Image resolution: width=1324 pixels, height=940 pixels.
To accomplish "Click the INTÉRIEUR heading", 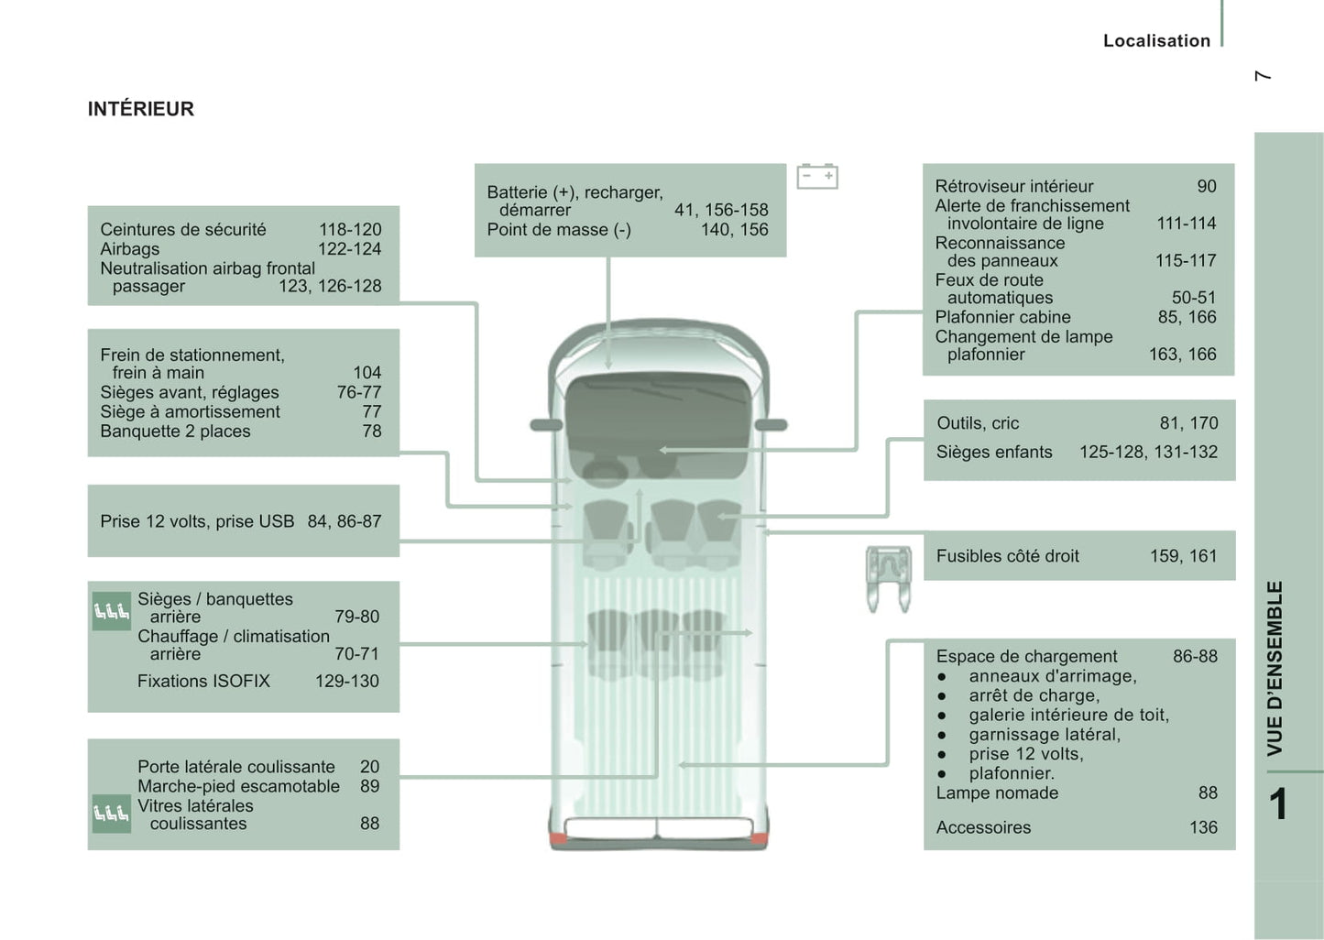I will click(140, 109).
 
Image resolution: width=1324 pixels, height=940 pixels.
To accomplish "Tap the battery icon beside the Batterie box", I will click(817, 176).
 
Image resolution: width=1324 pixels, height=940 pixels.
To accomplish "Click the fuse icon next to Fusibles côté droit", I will click(888, 576).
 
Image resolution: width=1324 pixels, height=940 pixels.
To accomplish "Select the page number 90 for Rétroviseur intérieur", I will click(1206, 186).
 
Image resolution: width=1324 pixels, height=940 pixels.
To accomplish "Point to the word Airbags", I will click(129, 249).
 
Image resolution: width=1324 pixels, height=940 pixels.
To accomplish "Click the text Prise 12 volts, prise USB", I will click(197, 521).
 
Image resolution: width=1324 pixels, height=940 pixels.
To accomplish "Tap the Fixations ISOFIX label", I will click(203, 681).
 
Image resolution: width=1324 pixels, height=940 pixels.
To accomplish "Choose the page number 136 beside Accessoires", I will click(1202, 827).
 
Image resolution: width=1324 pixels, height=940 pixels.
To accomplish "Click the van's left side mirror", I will click(546, 424).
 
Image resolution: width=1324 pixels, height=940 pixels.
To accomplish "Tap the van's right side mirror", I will click(771, 424).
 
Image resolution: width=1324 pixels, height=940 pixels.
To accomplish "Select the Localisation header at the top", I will click(1156, 40).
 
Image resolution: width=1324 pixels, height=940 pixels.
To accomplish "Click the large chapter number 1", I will click(1278, 804).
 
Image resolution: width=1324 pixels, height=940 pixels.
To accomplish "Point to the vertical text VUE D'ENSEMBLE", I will click(1275, 669).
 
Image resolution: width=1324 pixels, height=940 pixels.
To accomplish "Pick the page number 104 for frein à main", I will click(367, 373).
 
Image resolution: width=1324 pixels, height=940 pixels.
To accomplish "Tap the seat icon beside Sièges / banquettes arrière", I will click(111, 611).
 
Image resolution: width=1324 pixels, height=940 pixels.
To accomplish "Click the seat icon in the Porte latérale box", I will click(111, 813).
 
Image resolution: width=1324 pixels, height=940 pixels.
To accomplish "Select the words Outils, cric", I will click(978, 423).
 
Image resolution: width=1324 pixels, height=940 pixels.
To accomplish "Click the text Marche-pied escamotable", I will click(238, 786).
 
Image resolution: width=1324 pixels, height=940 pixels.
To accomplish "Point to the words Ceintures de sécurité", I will click(182, 230).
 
